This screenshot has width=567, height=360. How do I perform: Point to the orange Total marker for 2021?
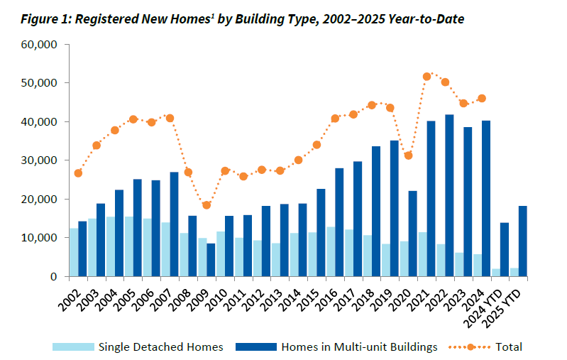(427, 77)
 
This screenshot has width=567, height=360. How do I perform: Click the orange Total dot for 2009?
(207, 205)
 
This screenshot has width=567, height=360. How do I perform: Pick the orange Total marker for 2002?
(78, 173)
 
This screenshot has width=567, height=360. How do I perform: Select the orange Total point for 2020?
(409, 156)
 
